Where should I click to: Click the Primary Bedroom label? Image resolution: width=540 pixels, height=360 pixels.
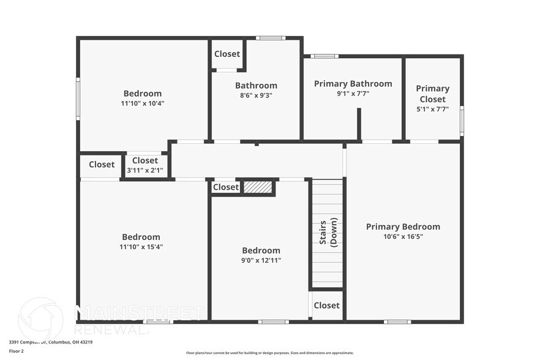point(403,227)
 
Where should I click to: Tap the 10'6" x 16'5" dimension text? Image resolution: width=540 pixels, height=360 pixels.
point(403,236)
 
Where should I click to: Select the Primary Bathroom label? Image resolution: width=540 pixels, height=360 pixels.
point(353,84)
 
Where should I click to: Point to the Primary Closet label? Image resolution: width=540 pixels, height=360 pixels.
point(432,94)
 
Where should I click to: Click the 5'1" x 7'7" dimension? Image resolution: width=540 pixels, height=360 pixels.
point(432,110)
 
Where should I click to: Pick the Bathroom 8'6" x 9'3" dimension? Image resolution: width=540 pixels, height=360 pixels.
point(256,96)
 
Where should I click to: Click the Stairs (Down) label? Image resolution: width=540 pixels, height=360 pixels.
point(329,231)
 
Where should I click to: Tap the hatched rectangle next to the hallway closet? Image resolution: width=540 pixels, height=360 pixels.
point(258,187)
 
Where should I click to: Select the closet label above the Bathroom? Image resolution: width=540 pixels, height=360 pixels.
point(227,54)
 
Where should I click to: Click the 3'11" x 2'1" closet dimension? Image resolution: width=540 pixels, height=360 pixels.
point(144,170)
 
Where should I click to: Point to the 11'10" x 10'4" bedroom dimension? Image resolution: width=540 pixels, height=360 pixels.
point(143,103)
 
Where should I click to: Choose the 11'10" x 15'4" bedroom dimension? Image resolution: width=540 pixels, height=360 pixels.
point(141,247)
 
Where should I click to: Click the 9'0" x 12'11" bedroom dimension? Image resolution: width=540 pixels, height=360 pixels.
point(261,260)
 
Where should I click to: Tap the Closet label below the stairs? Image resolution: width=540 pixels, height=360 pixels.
point(326,306)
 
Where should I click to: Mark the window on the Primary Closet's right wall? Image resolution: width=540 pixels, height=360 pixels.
point(462,121)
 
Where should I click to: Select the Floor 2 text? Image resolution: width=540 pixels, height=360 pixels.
point(16,351)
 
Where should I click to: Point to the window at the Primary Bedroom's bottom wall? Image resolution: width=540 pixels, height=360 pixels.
point(397,321)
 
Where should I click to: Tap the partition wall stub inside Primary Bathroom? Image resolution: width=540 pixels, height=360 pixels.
point(359,124)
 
